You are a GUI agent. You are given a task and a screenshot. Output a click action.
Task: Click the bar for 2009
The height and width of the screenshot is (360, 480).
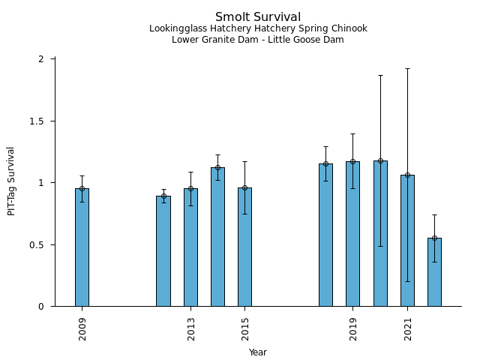pos(82,247)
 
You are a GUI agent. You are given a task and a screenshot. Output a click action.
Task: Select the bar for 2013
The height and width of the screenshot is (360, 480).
pos(190,247)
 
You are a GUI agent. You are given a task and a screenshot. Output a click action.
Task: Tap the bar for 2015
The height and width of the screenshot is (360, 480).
pos(244,247)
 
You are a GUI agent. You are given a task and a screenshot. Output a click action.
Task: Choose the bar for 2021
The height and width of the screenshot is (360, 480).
pos(407,241)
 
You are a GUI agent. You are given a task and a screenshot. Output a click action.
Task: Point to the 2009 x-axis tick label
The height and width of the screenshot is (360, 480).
pos(82,329)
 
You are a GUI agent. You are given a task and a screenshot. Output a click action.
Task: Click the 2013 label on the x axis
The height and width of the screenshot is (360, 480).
pos(191,329)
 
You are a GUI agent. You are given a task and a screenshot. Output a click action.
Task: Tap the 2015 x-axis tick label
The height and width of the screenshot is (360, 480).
pos(245,329)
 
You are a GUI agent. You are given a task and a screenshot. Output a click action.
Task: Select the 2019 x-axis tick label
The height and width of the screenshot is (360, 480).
pos(353,329)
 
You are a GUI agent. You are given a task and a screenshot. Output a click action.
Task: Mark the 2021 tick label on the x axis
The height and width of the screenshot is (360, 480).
pos(408,329)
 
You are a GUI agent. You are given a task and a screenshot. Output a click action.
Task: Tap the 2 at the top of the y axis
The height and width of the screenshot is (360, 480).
pos(42,59)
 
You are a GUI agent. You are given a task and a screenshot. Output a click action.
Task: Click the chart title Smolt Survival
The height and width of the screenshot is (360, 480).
pos(258,16)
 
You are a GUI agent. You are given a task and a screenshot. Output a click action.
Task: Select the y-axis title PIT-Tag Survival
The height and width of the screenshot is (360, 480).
pos(11,181)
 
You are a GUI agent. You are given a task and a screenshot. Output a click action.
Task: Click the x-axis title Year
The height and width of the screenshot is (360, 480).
pos(258,352)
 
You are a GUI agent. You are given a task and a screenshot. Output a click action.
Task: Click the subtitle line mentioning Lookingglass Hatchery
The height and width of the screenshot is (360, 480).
pos(258,28)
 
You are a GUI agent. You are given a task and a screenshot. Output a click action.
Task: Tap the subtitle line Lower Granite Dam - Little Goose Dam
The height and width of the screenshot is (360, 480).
pos(258,40)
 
